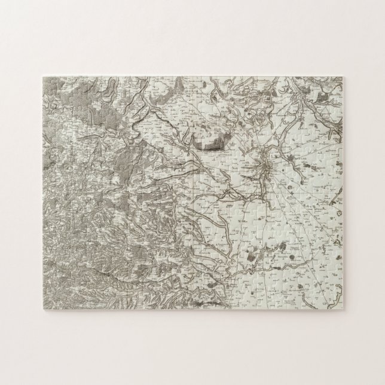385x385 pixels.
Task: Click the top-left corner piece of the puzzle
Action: pyautogui.click(x=48, y=81)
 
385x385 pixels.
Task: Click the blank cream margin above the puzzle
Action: pyautogui.click(x=192, y=36)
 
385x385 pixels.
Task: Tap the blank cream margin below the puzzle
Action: pyautogui.click(x=192, y=347)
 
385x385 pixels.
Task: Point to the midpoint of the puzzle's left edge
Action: pyautogui.click(x=44, y=191)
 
